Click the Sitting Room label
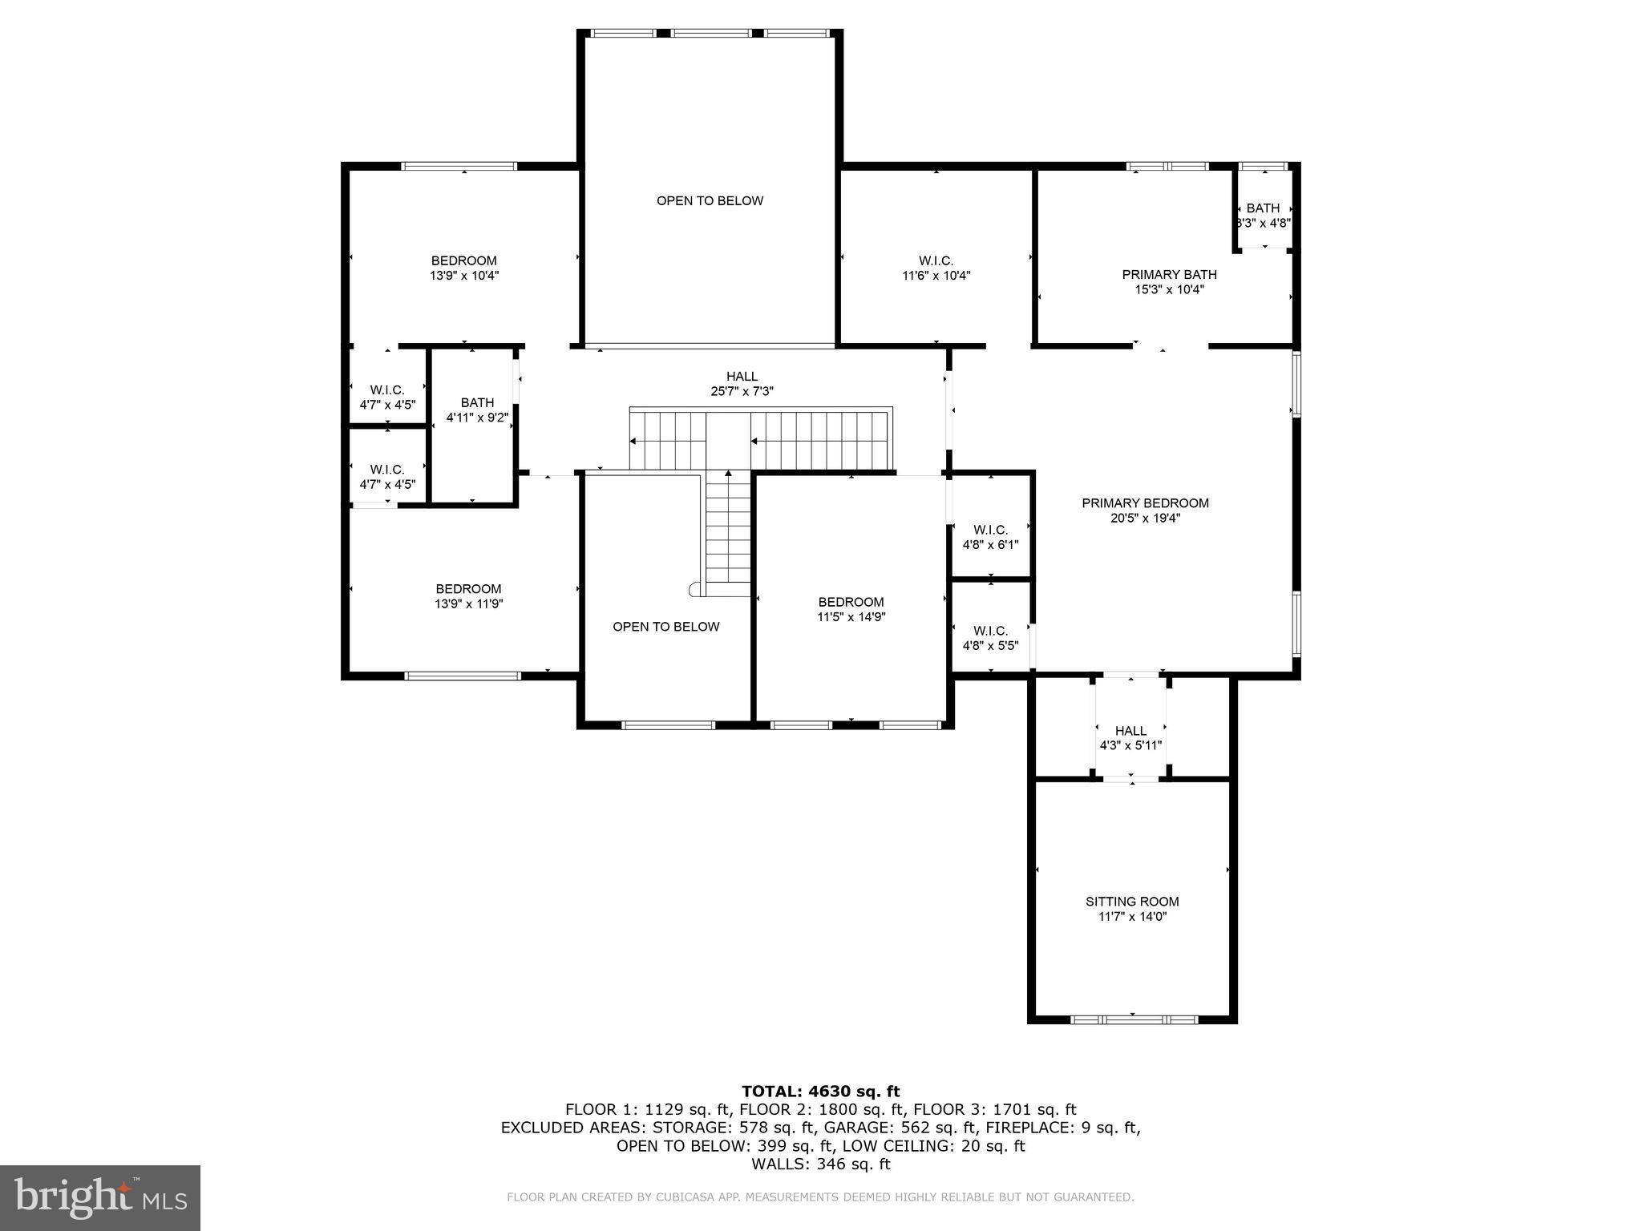tap(1132, 902)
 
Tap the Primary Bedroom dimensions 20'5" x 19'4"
tap(1145, 519)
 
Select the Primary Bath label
tap(1169, 275)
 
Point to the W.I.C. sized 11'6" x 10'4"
tap(936, 268)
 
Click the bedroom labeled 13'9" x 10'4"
tap(463, 268)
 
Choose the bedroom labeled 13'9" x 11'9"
tap(468, 596)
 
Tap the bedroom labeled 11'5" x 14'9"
tap(851, 609)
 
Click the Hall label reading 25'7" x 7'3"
tap(742, 384)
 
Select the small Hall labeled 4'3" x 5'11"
tap(1130, 737)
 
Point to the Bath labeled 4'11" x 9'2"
tap(477, 410)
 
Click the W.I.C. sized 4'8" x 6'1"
tap(990, 537)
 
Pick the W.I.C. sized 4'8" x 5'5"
tap(990, 638)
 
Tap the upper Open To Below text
tap(710, 200)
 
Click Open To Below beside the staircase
tap(665, 627)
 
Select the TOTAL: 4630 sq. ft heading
tap(820, 1092)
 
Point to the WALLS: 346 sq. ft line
tap(820, 1164)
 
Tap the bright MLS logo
tap(100, 1197)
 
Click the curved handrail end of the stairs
tap(694, 590)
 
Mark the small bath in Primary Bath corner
tap(1263, 216)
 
